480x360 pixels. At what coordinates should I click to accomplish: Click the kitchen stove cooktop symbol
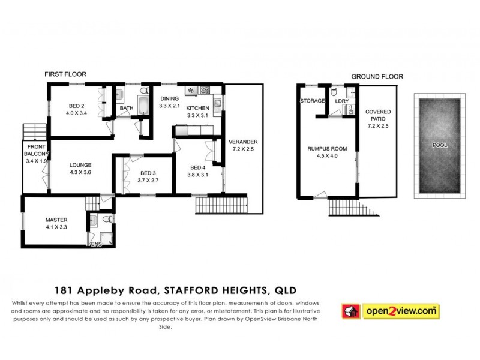[205, 91]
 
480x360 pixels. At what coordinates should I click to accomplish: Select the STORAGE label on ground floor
[312, 101]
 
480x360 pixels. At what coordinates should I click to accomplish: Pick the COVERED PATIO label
[378, 116]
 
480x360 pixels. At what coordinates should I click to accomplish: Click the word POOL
[439, 145]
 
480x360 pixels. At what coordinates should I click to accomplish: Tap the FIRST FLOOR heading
[65, 74]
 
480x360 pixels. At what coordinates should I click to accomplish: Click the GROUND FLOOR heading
[377, 77]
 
